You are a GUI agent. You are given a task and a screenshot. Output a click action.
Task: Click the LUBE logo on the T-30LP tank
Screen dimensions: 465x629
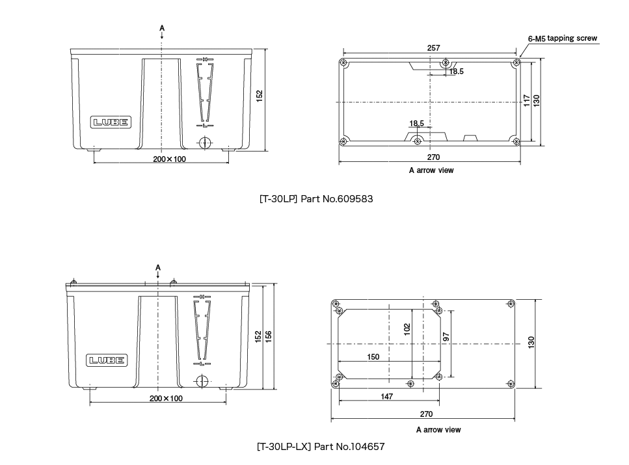pos(111,122)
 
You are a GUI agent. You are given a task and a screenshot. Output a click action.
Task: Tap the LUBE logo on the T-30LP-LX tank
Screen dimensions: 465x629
pos(107,360)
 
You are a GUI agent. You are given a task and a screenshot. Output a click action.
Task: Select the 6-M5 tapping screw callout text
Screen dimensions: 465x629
pos(562,38)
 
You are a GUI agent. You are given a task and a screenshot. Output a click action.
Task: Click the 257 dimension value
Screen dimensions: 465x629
pos(433,48)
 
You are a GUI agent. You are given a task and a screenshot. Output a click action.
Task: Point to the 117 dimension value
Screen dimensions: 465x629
pos(527,101)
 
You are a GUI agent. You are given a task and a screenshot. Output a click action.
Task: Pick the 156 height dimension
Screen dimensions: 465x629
pos(268,336)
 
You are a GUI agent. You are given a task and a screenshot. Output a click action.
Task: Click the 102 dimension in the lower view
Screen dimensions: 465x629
pos(407,330)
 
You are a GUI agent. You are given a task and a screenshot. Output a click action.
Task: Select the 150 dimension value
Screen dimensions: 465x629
pos(373,357)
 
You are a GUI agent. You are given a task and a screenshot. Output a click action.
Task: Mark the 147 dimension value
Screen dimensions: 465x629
pos(386,396)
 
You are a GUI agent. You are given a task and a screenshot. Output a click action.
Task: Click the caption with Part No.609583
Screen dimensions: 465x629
pos(316,198)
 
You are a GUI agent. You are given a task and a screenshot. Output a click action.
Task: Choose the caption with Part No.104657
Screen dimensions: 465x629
pos(321,447)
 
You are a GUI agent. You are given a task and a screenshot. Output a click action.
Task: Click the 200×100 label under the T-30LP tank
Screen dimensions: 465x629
pos(169,159)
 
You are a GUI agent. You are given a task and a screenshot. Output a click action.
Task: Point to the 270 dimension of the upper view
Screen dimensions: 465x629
pos(433,157)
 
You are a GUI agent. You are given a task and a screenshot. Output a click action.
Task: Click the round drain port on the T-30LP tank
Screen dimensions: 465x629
pos(204,142)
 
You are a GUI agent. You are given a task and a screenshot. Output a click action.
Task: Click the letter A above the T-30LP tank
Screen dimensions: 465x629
pos(161,29)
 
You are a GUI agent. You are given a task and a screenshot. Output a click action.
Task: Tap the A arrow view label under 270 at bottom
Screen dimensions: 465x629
pos(438,430)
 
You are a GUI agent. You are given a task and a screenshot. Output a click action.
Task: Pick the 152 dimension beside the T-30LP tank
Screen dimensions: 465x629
pos(259,96)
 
